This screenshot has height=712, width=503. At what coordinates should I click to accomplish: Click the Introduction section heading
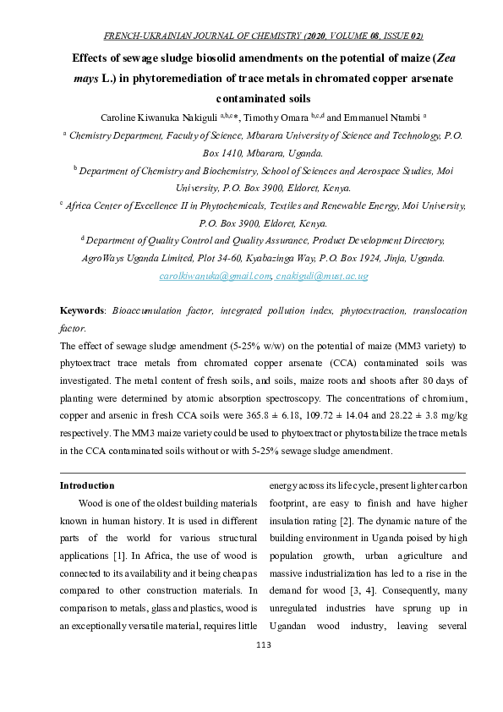[x=86, y=485]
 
